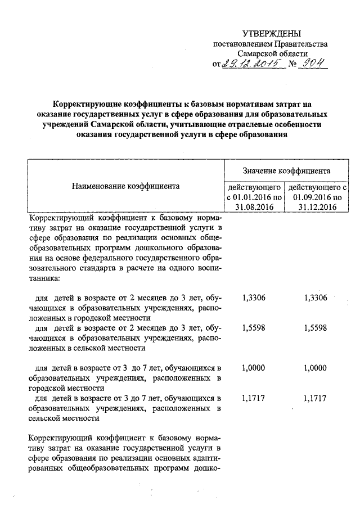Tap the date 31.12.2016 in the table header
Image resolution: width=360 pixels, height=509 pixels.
pyautogui.click(x=317, y=207)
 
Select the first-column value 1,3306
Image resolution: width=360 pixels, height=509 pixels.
pyautogui.click(x=253, y=298)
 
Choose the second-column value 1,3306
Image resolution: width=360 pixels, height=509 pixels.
pyautogui.click(x=314, y=298)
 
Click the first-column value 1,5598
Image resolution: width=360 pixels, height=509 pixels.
pyautogui.click(x=253, y=327)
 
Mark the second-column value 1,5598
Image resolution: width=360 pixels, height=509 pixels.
pyautogui.click(x=314, y=327)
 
